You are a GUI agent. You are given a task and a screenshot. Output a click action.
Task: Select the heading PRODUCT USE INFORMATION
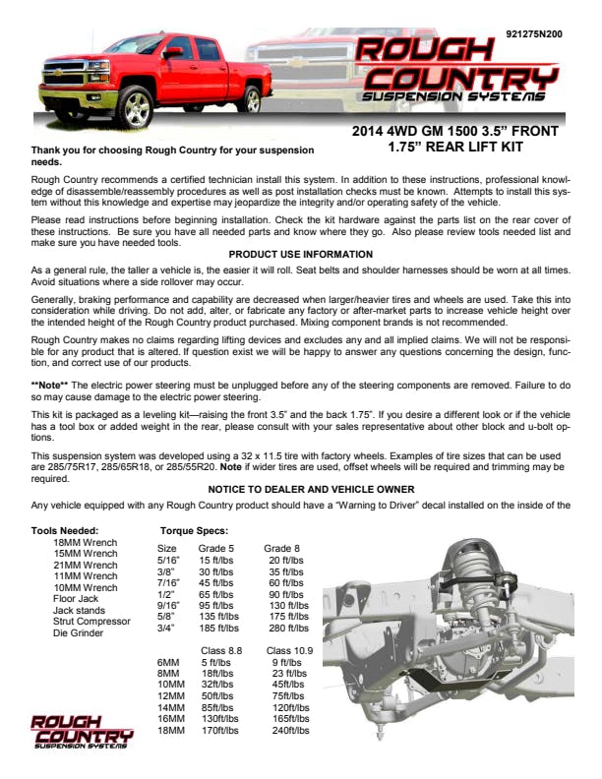[x=301, y=254]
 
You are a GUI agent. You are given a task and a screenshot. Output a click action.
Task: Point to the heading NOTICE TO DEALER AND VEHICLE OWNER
[x=301, y=489]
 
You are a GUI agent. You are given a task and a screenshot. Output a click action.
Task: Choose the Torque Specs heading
[x=195, y=532]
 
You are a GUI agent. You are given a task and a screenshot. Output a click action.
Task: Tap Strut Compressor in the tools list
[x=91, y=622]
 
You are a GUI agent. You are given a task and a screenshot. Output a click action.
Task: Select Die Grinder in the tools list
[x=78, y=633]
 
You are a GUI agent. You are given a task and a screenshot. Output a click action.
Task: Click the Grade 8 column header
[x=281, y=548]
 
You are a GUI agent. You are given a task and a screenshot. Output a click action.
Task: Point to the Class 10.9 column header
[x=290, y=651]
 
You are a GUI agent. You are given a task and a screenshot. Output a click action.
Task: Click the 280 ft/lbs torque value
[x=289, y=628]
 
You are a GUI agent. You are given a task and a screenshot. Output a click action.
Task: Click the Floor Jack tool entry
[x=78, y=599]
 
